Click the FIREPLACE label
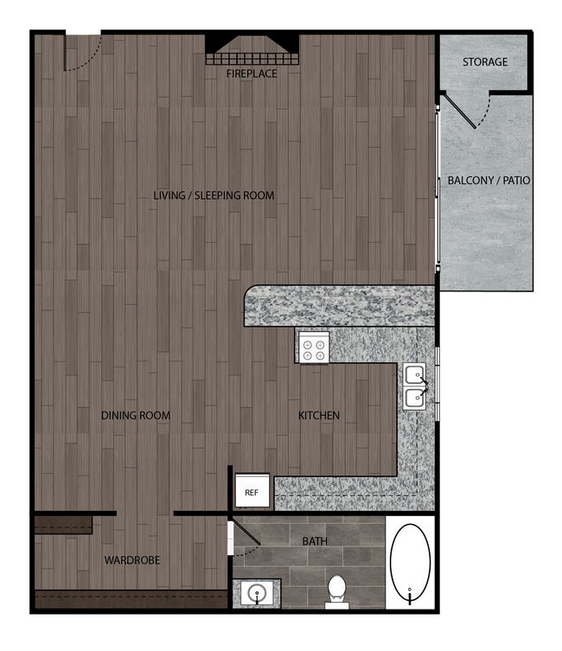[252, 74]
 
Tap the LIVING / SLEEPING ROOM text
[214, 195]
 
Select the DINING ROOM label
[135, 416]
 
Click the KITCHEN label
[319, 416]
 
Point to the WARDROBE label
[132, 560]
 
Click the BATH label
[315, 541]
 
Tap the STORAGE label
[484, 62]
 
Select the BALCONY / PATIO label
[489, 181]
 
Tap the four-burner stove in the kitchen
[314, 348]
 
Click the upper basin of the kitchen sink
[415, 375]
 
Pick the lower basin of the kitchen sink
[415, 398]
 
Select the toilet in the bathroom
[336, 590]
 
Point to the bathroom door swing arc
[248, 541]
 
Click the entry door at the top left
[81, 52]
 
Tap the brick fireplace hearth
[252, 59]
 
